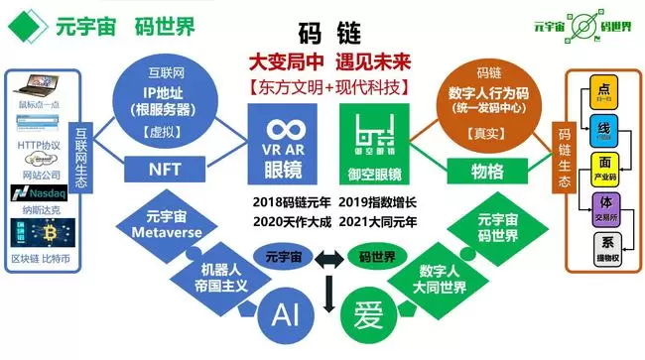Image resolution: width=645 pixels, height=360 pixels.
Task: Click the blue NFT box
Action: pyautogui.click(x=164, y=170)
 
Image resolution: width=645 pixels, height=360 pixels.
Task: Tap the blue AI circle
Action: pyautogui.click(x=286, y=314)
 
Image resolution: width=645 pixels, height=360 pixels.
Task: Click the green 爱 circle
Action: pyautogui.click(x=362, y=314)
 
